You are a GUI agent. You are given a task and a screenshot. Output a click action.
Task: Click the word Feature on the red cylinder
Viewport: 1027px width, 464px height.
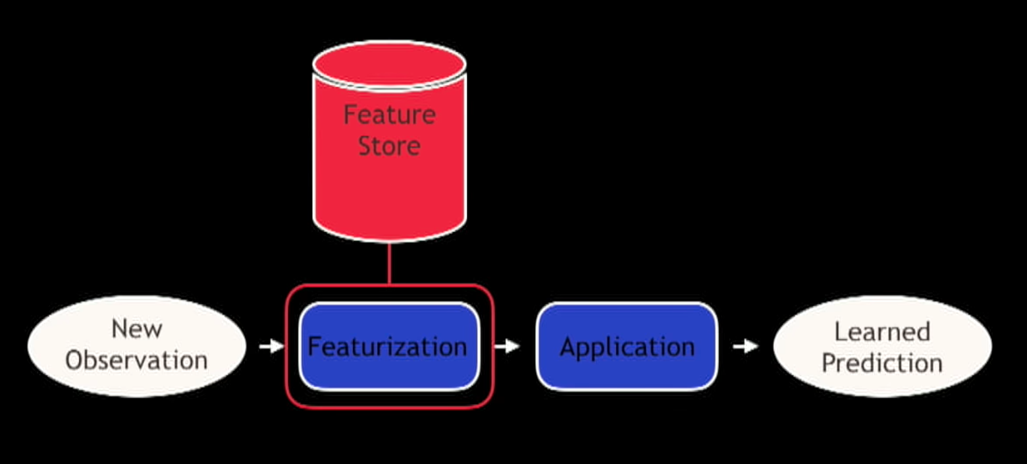[389, 115]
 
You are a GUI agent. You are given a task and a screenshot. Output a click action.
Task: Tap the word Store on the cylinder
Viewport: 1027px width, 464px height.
[389, 146]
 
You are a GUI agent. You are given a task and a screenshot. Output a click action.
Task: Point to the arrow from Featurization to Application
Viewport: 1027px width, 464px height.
[507, 346]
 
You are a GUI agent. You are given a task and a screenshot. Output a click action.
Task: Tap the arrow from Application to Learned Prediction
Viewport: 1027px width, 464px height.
[745, 346]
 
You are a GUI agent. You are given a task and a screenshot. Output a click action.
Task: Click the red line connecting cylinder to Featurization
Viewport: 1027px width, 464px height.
[389, 264]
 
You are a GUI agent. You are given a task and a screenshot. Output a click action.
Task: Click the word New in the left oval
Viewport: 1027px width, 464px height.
[137, 328]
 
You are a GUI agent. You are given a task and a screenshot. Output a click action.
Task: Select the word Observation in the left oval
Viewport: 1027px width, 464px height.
[137, 360]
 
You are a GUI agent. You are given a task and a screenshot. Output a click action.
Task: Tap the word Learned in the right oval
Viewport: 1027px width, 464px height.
[882, 332]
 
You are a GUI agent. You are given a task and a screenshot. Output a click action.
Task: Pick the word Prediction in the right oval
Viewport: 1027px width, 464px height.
[882, 362]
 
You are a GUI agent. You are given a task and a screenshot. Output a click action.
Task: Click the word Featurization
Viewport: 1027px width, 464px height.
[387, 347]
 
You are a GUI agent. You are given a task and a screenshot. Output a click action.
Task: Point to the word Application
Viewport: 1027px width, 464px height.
[627, 347]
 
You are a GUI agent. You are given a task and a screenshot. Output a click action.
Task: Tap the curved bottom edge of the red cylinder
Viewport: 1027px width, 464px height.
[389, 240]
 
